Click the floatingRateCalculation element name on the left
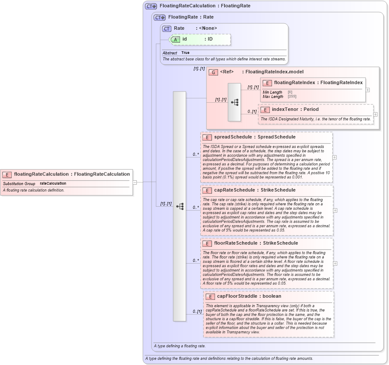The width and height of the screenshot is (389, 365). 72,174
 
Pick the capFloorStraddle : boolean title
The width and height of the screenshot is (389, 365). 249,296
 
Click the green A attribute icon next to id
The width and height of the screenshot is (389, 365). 176,39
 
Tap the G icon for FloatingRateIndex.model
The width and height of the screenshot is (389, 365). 213,72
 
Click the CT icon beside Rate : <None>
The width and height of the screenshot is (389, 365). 167,28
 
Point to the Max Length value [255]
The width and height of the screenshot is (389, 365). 292,97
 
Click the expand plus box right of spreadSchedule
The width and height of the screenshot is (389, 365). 335,157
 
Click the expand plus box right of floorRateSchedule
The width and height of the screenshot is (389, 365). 335,263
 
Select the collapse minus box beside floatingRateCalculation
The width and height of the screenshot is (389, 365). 135,182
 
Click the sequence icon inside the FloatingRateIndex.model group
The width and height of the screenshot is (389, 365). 234,102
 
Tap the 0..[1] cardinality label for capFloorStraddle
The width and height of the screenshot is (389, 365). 197,312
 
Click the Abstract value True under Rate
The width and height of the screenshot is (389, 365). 185,53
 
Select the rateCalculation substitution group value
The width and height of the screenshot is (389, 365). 53,183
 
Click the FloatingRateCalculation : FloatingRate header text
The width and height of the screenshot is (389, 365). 205,6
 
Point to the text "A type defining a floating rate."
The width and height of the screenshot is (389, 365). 180,346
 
